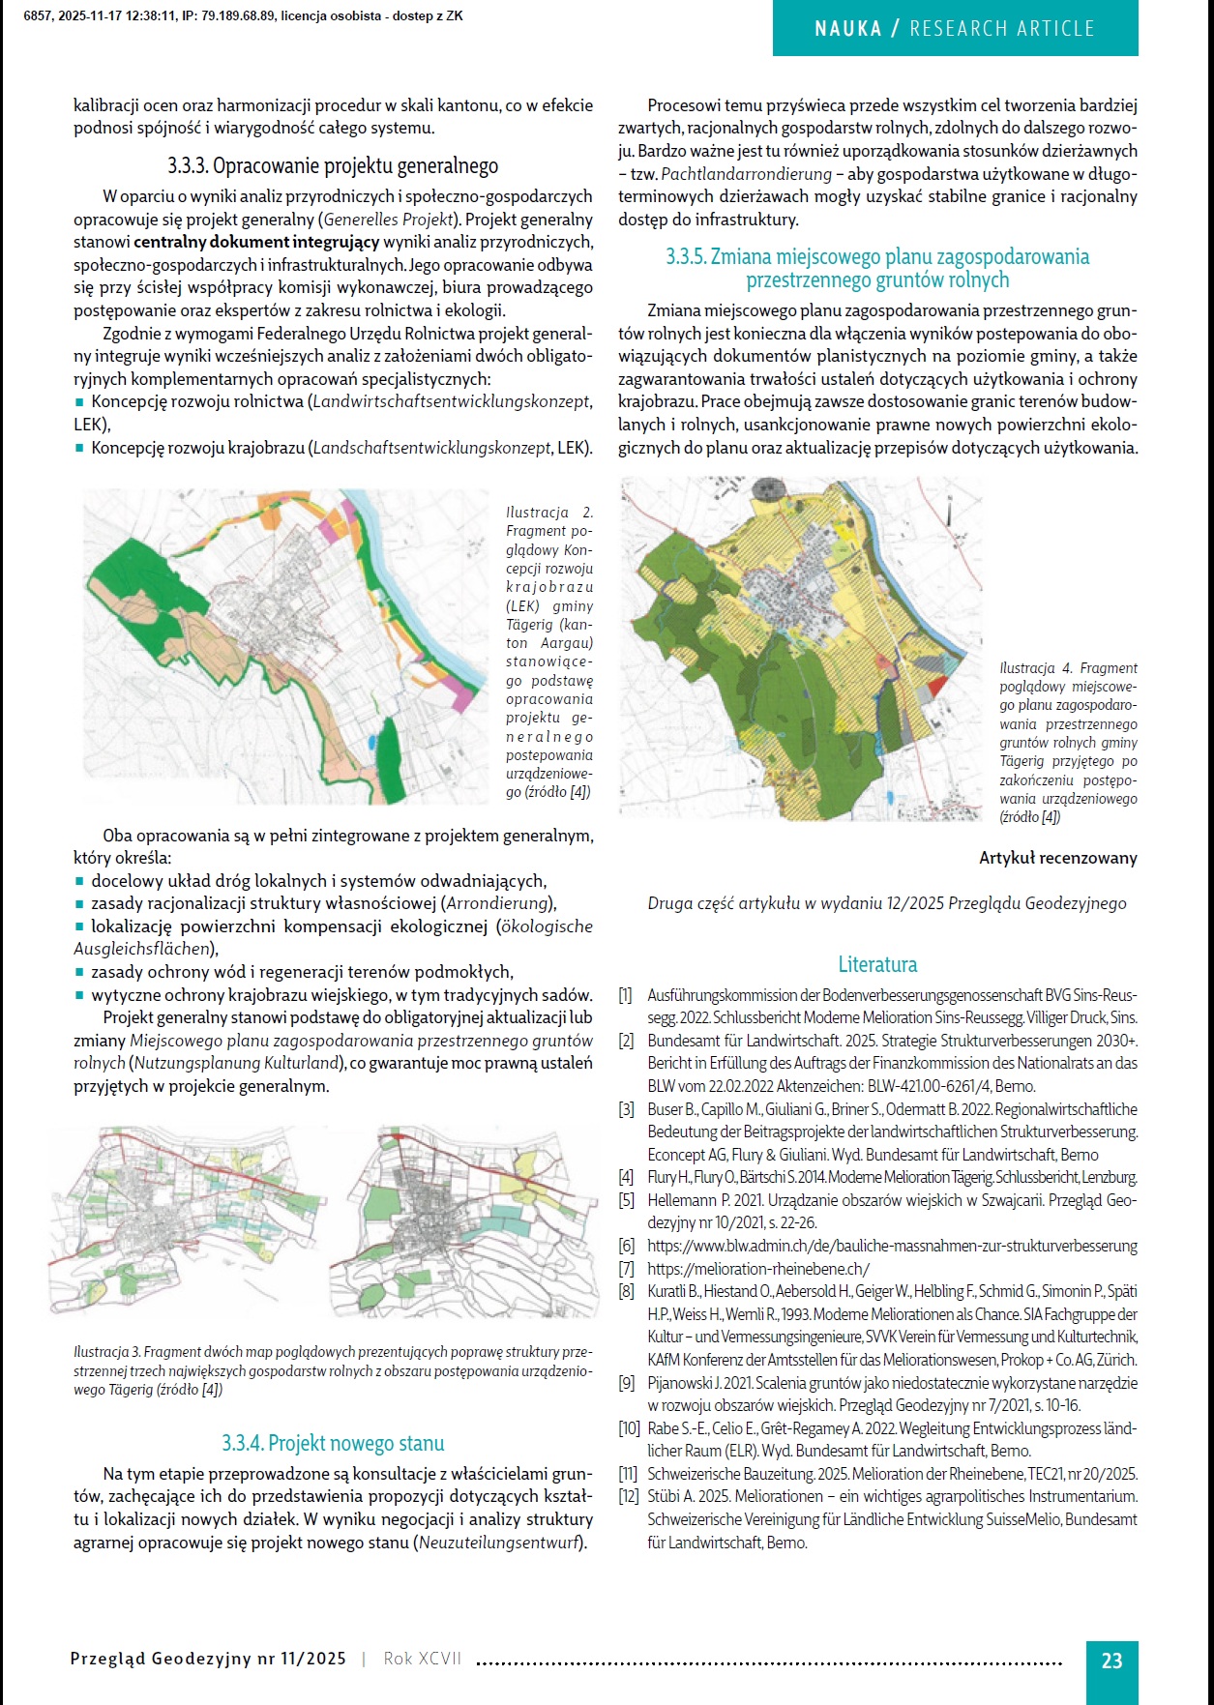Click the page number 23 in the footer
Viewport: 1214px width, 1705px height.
pos(1111,1661)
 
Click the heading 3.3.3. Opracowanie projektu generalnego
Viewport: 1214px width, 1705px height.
pos(333,165)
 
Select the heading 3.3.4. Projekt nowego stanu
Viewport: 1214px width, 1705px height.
pos(333,1443)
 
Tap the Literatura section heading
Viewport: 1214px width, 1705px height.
pos(877,964)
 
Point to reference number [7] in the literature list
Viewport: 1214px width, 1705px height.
pos(627,1269)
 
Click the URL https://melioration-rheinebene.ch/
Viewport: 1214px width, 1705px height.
pos(758,1269)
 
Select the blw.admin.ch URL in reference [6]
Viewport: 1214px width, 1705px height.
pos(892,1246)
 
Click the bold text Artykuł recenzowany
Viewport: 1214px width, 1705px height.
pos(1057,858)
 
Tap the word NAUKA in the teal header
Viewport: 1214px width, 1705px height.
pos(847,29)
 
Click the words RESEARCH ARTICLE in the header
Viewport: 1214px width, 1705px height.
pos(1001,29)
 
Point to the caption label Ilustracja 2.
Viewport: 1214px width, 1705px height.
pos(548,513)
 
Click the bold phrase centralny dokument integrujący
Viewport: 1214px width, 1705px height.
pos(256,242)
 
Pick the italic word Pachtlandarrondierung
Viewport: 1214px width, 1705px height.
pos(746,174)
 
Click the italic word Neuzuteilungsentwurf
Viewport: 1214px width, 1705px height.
pos(500,1543)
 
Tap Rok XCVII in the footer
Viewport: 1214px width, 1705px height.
pos(423,1659)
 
